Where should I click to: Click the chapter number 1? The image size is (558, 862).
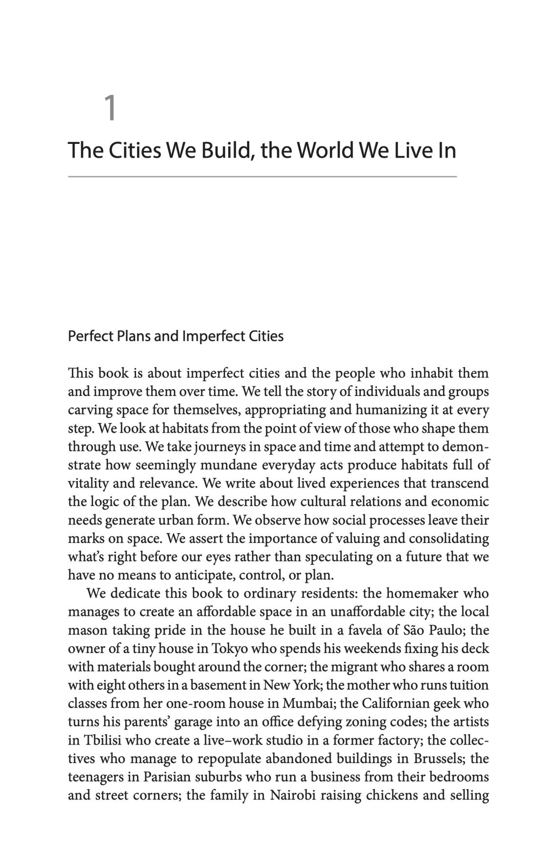click(111, 108)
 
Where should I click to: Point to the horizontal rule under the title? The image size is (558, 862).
click(262, 176)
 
